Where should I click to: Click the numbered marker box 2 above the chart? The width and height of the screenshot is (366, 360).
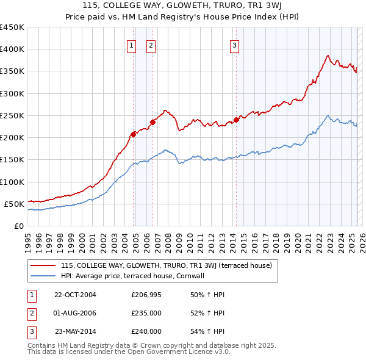[x=151, y=45]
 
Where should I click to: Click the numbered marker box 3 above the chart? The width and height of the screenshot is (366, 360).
[x=235, y=45]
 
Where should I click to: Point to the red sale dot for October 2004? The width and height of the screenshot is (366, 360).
[x=133, y=134]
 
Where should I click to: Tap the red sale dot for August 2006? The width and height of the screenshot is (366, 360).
[x=152, y=121]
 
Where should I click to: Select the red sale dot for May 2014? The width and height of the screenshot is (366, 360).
[x=236, y=120]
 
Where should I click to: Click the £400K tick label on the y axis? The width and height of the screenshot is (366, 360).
[x=12, y=49]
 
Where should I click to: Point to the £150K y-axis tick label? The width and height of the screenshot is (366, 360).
[x=12, y=160]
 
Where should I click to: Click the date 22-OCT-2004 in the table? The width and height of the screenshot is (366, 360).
[x=75, y=295]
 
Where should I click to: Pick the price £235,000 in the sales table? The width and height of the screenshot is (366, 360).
[x=146, y=313]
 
